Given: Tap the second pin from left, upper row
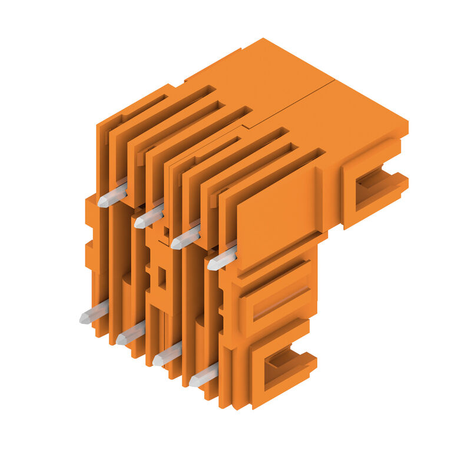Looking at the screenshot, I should coord(149,215).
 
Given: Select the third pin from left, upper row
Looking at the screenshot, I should coord(185,237).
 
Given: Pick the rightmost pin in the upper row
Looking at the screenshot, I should coord(222,257).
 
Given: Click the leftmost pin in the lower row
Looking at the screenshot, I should coord(94,312).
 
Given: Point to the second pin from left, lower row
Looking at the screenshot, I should coord(131,333).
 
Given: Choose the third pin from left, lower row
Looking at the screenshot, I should coord(167,354).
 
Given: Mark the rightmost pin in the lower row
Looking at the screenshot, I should coord(204,375).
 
